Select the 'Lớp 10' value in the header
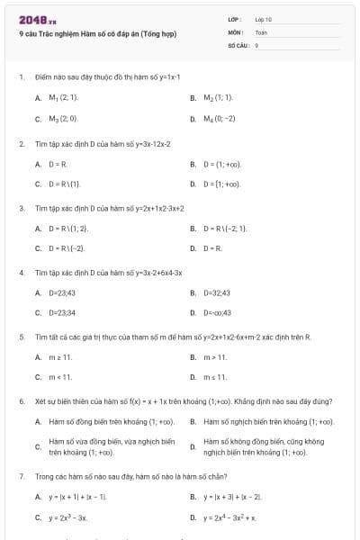click(x=264, y=19)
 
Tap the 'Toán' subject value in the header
click(x=261, y=31)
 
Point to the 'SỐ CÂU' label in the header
click(x=238, y=44)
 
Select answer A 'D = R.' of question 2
click(x=58, y=165)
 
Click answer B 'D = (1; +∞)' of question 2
click(x=222, y=165)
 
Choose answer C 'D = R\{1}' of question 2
click(x=65, y=184)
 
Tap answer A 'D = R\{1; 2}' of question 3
click(x=68, y=229)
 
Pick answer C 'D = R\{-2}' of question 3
click(x=67, y=248)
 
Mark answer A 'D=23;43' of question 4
click(x=62, y=292)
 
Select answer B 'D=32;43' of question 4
click(x=218, y=292)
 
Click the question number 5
click(x=21, y=337)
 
